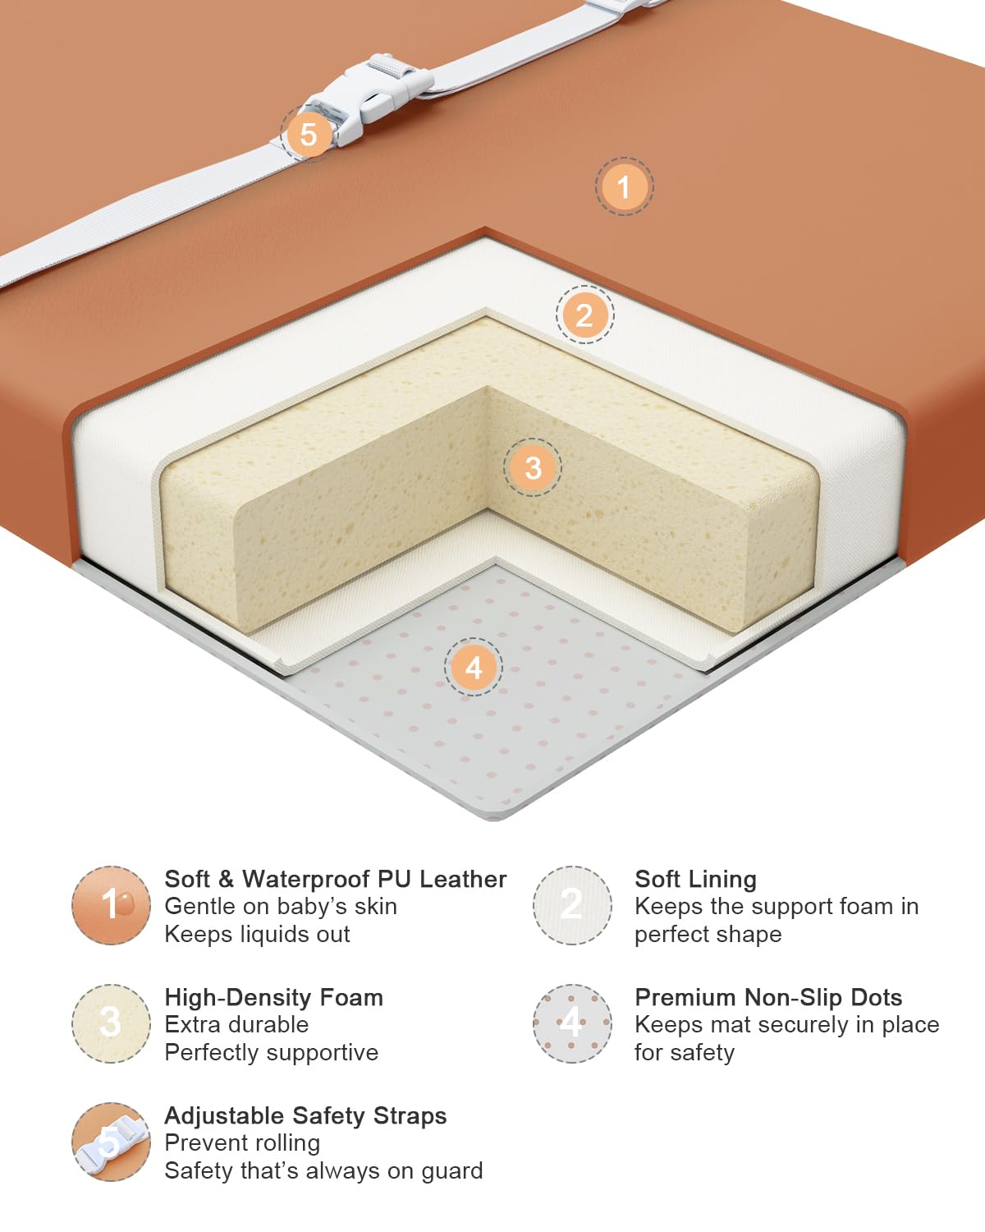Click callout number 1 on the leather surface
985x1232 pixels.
(624, 186)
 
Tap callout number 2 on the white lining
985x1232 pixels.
(584, 315)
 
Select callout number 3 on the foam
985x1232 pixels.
(532, 467)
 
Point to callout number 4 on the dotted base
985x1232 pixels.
(474, 667)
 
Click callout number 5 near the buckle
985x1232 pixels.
(309, 134)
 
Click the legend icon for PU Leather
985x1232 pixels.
(111, 905)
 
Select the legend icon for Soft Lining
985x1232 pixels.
(572, 905)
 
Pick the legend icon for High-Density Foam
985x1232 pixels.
(111, 1023)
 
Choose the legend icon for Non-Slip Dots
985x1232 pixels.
(572, 1023)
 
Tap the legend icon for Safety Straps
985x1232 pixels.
(111, 1142)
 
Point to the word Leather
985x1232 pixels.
(463, 880)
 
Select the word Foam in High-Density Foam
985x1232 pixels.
(350, 998)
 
